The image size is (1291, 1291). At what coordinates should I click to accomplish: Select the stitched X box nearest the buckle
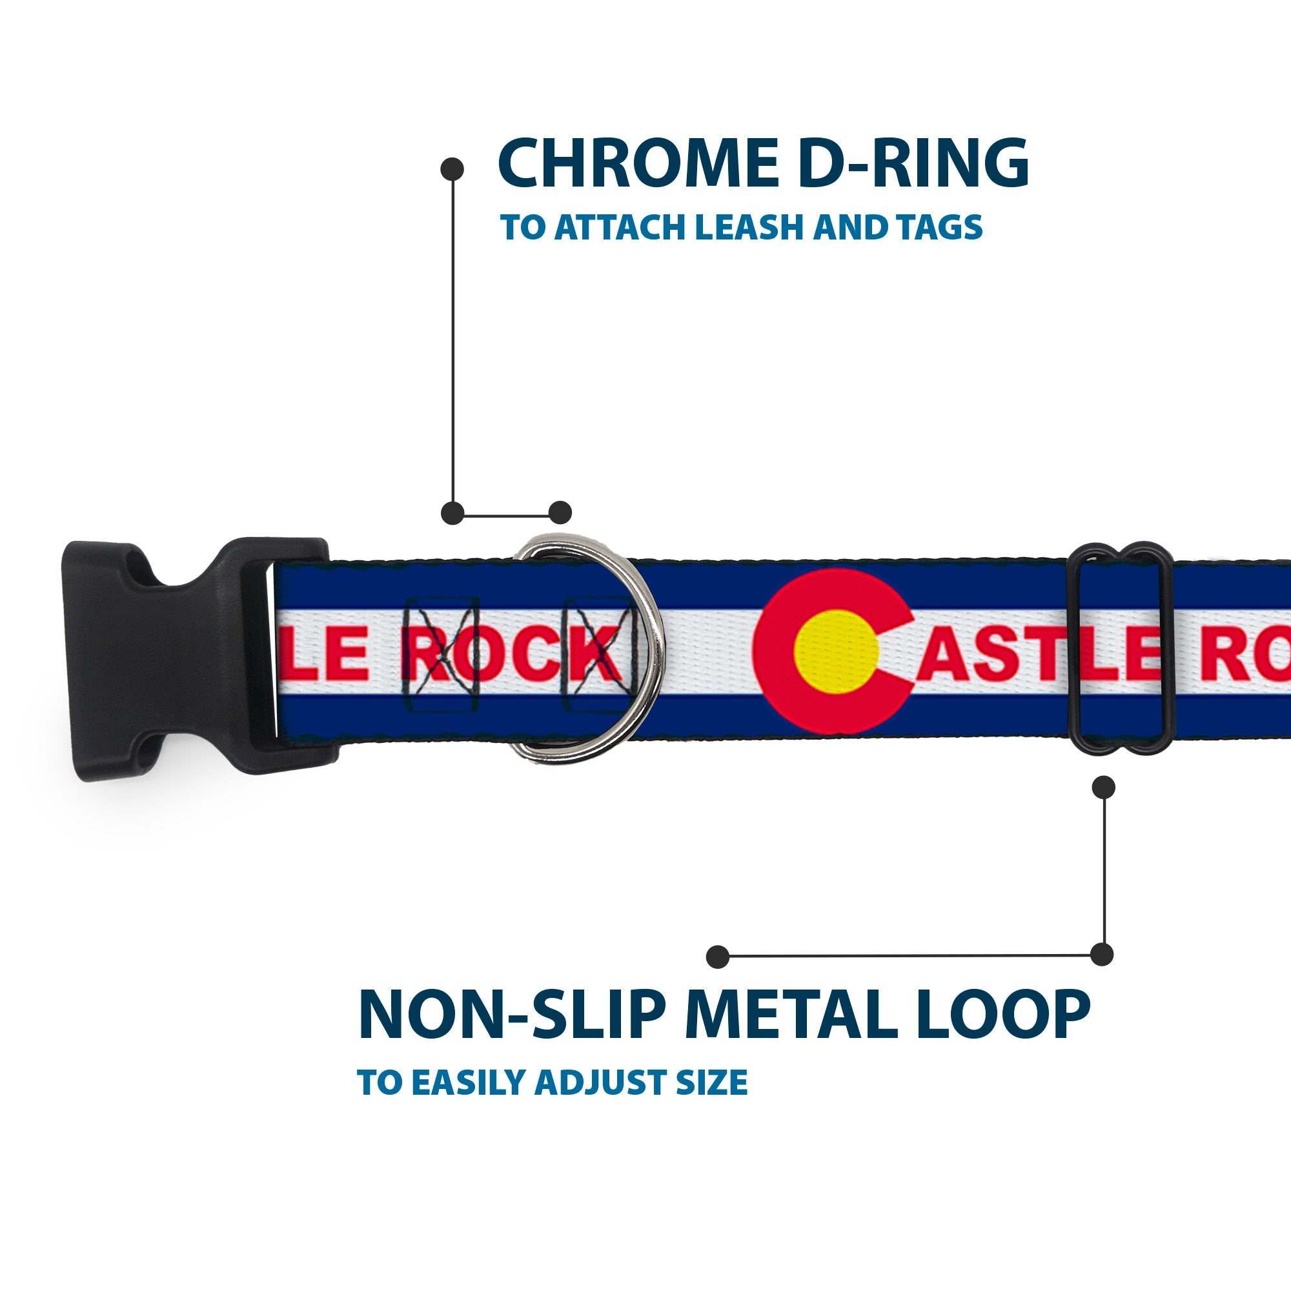coord(442,653)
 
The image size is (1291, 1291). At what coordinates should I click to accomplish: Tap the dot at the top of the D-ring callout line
coord(452,169)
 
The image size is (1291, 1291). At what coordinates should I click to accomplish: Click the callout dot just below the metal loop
coord(1103,787)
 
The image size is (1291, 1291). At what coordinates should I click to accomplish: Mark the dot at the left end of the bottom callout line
coord(717,956)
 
